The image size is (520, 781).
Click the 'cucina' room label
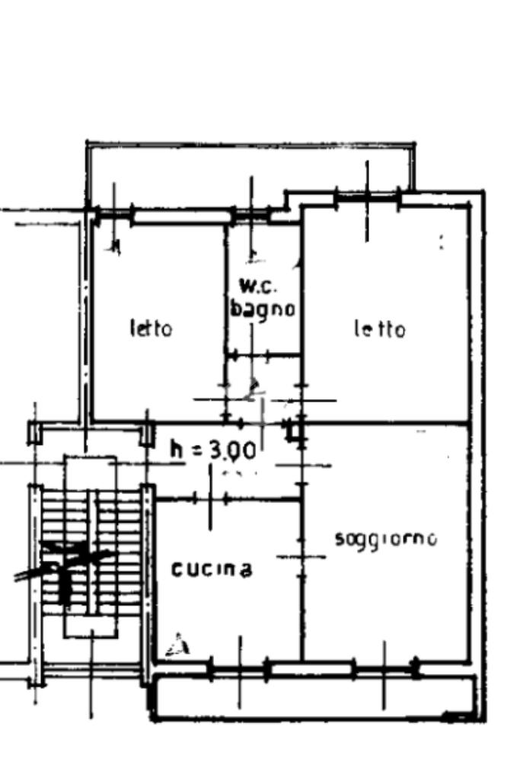tap(212, 569)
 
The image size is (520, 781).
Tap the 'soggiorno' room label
tap(386, 539)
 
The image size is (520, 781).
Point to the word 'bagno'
tap(263, 309)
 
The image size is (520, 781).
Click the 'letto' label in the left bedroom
tap(151, 328)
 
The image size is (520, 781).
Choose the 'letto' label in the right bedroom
tap(379, 329)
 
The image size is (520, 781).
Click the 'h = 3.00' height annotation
tap(212, 450)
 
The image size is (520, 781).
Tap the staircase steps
tap(91, 549)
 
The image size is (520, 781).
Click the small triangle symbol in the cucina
tap(179, 645)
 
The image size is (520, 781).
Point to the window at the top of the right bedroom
tap(368, 200)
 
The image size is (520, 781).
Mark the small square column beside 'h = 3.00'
tap(293, 432)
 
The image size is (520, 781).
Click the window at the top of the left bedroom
tap(181, 216)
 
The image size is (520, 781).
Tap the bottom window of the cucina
tap(239, 670)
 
